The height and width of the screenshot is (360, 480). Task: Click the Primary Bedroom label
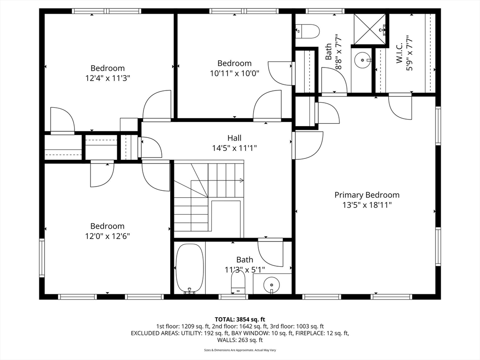tap(367, 195)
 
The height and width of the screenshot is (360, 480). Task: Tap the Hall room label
tap(234, 138)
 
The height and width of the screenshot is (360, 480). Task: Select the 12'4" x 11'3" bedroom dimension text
tap(108, 78)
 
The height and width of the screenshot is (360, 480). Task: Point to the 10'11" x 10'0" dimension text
tap(234, 74)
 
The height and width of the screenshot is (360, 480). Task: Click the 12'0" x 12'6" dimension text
tap(107, 236)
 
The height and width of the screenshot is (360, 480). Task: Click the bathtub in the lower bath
tap(190, 269)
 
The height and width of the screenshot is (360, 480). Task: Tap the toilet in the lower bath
tap(238, 282)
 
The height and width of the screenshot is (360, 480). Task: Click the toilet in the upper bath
tap(308, 31)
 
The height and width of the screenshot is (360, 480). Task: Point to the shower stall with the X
tap(370, 29)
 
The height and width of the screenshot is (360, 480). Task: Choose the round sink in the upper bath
tap(363, 60)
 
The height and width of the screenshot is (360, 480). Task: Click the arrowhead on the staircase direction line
tap(241, 180)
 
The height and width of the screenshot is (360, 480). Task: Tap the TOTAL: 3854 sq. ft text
tap(240, 320)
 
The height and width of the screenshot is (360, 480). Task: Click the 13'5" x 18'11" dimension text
tap(367, 205)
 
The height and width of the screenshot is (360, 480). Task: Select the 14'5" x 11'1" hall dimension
tap(234, 148)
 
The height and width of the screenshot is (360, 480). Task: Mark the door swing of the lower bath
tap(270, 253)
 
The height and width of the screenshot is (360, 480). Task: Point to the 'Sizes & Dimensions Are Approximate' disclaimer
tap(240, 350)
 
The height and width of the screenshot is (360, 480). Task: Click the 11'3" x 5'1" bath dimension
tap(245, 270)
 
